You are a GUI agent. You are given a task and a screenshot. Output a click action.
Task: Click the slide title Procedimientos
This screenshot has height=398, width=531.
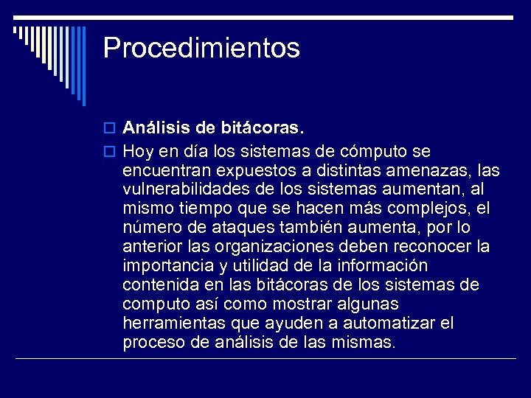click(201, 49)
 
